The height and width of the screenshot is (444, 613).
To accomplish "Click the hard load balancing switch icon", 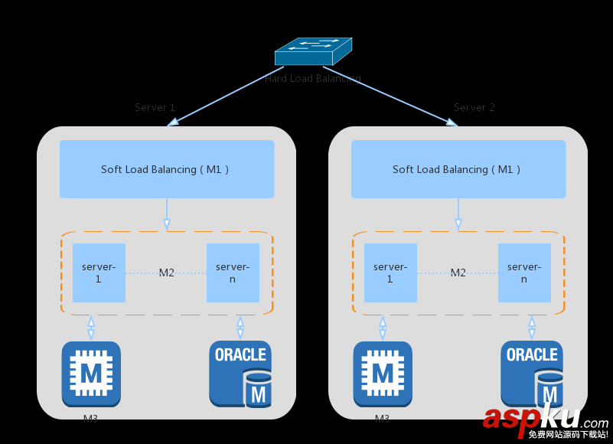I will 312,52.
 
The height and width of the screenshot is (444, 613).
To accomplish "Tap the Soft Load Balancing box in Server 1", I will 167,169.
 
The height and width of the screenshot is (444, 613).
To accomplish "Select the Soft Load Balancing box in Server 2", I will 458,169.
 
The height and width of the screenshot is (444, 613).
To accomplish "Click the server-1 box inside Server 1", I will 99,273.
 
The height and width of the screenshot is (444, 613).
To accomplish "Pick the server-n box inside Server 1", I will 233,273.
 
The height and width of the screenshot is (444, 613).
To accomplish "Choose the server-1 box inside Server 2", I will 390,273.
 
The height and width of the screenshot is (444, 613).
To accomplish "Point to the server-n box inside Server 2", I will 524,273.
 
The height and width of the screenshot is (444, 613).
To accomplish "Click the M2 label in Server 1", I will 167,273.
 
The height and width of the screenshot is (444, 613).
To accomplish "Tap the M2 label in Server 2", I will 458,273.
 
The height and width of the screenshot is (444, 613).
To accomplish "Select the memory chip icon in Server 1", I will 91,374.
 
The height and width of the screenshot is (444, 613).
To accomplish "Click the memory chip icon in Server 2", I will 383,374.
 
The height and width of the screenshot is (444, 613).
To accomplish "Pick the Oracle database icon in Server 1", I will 240,374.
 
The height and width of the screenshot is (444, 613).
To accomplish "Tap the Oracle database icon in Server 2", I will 532,374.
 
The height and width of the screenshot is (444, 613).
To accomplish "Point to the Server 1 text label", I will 155,108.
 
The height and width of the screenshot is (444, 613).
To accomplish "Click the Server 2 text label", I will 474,108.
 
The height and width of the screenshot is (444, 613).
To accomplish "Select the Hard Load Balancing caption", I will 312,79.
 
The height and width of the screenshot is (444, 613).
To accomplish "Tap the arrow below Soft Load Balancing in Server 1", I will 167,214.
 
